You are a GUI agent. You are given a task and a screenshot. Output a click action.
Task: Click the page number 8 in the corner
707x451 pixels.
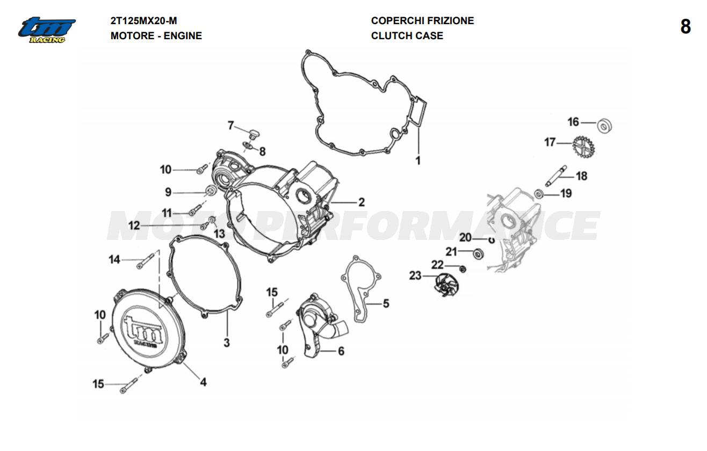point(686,27)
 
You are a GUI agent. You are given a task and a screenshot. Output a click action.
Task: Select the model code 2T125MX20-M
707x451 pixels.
point(143,21)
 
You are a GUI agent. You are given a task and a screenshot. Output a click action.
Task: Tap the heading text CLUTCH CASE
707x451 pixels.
point(407,36)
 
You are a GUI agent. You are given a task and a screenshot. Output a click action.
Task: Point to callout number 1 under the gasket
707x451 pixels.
point(418,160)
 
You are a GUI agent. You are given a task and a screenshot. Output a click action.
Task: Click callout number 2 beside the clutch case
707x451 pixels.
point(362,202)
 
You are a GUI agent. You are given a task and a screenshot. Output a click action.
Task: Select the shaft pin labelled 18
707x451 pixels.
point(560,175)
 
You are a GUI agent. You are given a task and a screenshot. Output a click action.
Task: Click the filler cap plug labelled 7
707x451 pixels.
point(254,131)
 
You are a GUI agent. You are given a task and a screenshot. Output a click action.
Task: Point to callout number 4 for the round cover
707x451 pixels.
point(203,382)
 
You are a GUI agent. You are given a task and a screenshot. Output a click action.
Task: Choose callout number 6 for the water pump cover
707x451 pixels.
point(341,351)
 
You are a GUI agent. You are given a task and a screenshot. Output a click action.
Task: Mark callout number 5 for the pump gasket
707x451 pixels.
point(386,304)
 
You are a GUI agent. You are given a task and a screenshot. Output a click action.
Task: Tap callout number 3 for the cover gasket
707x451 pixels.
point(227,342)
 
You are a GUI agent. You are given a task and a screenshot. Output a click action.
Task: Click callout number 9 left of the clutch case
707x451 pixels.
point(168,192)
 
